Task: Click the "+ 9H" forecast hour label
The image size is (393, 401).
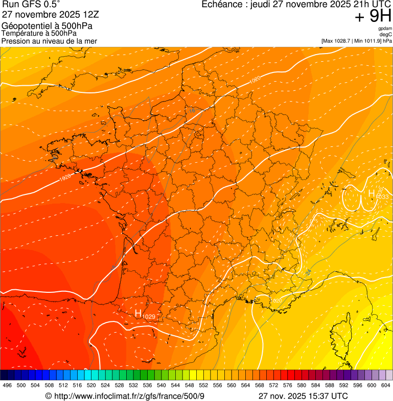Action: click(373, 17)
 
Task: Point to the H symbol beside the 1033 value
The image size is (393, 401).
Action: click(372, 193)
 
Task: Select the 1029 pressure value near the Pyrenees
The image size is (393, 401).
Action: click(149, 317)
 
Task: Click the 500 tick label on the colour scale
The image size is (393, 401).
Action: click(21, 385)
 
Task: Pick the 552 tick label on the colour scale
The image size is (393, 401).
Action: click(203, 385)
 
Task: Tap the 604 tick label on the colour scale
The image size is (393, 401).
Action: click(386, 385)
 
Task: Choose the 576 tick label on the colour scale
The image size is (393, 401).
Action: click(288, 385)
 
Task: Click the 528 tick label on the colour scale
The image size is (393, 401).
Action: click(119, 385)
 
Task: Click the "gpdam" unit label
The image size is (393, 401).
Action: click(385, 29)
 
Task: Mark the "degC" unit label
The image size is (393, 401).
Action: click(386, 34)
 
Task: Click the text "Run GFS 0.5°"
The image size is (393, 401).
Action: click(31, 5)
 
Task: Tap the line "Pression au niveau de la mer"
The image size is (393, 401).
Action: click(49, 41)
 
